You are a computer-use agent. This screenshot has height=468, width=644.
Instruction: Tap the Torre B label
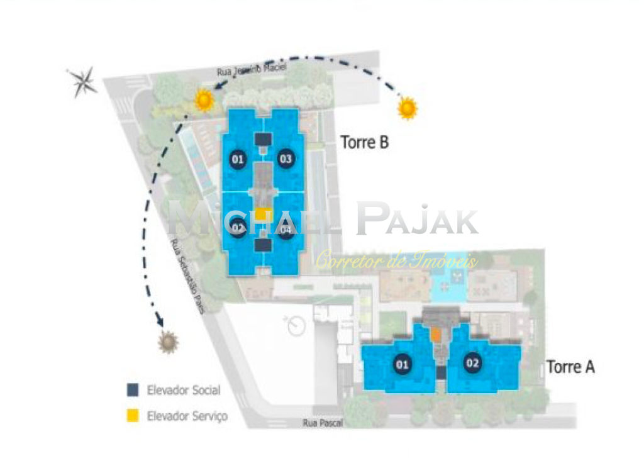(365, 143)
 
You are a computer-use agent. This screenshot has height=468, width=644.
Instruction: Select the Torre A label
(570, 367)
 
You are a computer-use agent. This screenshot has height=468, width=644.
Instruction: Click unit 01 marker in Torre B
(238, 159)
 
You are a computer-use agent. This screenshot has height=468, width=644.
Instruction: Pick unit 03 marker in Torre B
(286, 159)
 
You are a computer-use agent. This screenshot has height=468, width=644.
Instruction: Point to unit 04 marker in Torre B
(286, 231)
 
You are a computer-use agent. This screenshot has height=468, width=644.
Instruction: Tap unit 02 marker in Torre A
(472, 362)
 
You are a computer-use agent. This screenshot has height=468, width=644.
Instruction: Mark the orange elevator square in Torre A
(436, 335)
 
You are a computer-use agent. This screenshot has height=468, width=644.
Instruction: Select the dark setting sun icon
(168, 342)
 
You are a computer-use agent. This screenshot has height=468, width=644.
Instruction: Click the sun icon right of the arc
(408, 108)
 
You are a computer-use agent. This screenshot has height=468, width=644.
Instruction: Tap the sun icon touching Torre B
(204, 100)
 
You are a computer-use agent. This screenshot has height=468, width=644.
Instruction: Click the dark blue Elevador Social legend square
(132, 390)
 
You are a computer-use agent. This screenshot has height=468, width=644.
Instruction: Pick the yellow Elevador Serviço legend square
(132, 416)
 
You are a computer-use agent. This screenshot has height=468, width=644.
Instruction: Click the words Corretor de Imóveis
(396, 260)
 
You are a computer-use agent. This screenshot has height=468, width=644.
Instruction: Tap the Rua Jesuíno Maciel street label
(251, 72)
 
